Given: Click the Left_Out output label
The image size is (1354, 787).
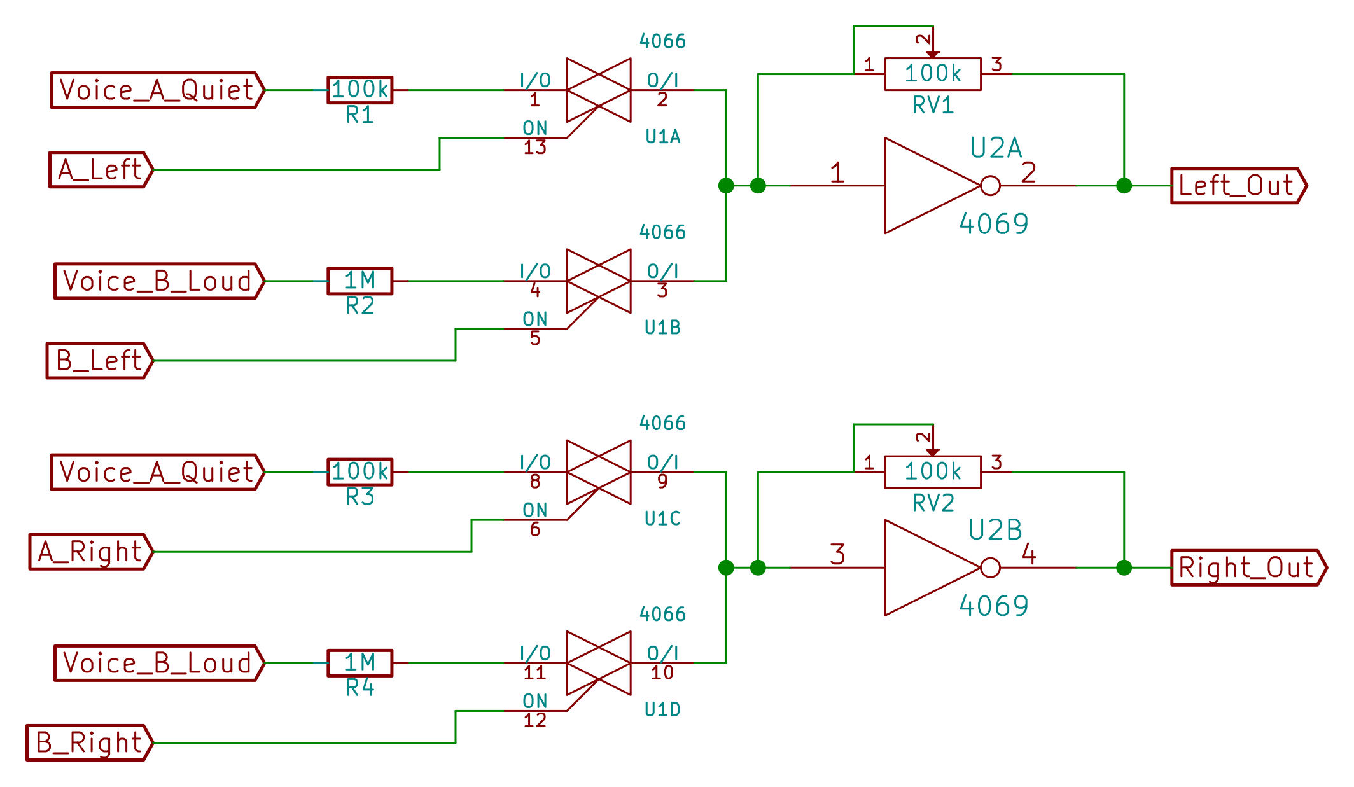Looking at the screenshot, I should click(x=1238, y=186).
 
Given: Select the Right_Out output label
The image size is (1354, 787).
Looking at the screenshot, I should click(x=1247, y=568).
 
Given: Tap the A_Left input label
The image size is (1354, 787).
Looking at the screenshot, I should click(x=101, y=170).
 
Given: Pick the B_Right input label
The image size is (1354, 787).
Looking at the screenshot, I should click(x=89, y=742).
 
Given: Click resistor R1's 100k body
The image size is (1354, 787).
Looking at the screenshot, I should click(x=359, y=90).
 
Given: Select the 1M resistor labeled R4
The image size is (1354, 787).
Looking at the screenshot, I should click(x=359, y=663).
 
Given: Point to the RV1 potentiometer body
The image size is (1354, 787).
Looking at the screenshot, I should click(x=932, y=74).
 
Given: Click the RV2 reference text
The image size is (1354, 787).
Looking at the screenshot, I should click(x=933, y=503).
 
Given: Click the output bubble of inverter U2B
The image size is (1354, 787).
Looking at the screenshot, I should click(x=990, y=568).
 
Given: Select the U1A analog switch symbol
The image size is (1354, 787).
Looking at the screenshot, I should click(x=598, y=90).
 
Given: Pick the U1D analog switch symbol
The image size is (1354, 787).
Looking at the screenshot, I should click(x=598, y=663).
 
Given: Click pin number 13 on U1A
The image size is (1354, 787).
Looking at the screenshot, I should click(x=534, y=148).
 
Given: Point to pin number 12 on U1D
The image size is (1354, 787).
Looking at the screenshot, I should click(x=534, y=721).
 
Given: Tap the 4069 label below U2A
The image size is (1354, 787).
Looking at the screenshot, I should click(x=993, y=224).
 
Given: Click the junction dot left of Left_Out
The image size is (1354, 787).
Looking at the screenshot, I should click(x=1124, y=186).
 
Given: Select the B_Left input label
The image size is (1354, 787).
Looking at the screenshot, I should click(x=99, y=361).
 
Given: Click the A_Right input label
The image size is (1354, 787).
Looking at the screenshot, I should click(x=90, y=552).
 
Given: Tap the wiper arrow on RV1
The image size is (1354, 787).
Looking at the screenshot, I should click(x=933, y=55).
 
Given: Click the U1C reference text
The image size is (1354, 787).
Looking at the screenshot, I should click(x=662, y=519).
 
